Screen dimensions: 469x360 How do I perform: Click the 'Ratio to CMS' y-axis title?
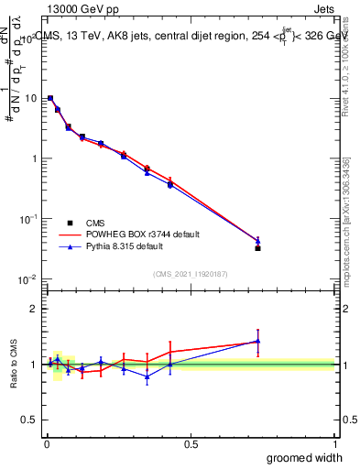(13, 365)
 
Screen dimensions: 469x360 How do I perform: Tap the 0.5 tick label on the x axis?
(191, 442)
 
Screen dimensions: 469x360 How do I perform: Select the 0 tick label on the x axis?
(47, 442)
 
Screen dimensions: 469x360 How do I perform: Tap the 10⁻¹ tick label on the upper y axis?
(27, 218)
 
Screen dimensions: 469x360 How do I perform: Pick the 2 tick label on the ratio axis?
(34, 309)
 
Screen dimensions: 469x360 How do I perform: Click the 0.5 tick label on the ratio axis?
(29, 420)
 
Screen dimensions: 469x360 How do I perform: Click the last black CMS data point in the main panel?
(257, 248)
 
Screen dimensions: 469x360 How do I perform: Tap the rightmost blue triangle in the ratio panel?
(257, 342)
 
